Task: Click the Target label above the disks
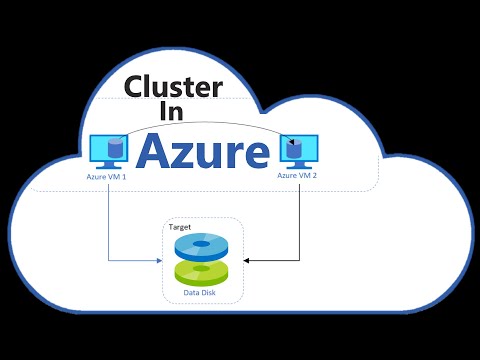pyautogui.click(x=180, y=228)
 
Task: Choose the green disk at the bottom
pyautogui.click(x=203, y=271)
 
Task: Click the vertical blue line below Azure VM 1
pyautogui.click(x=108, y=220)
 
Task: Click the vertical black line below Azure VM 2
pyautogui.click(x=298, y=220)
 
